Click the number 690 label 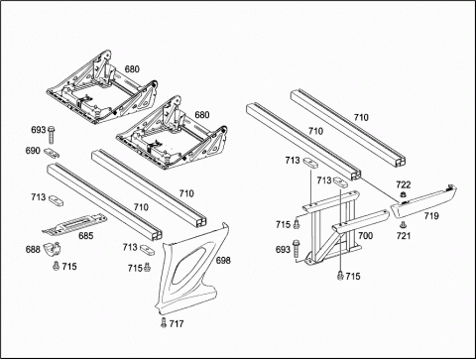coord(33,151)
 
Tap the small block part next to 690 coord(53,153)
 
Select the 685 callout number coord(86,236)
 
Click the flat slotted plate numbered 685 coord(74,224)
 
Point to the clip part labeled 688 coord(54,249)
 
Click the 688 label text coord(33,249)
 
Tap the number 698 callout coord(223,261)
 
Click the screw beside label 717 coord(164,322)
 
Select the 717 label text coord(177,323)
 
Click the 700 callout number coord(366,236)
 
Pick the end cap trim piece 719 coord(423,202)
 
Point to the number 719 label coord(431,216)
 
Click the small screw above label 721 coord(403,225)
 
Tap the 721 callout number coord(404,236)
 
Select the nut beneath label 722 coord(403,194)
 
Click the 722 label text coord(404,184)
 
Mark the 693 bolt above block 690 coord(52,135)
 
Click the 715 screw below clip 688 coord(56,265)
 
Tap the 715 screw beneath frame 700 coord(340,276)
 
